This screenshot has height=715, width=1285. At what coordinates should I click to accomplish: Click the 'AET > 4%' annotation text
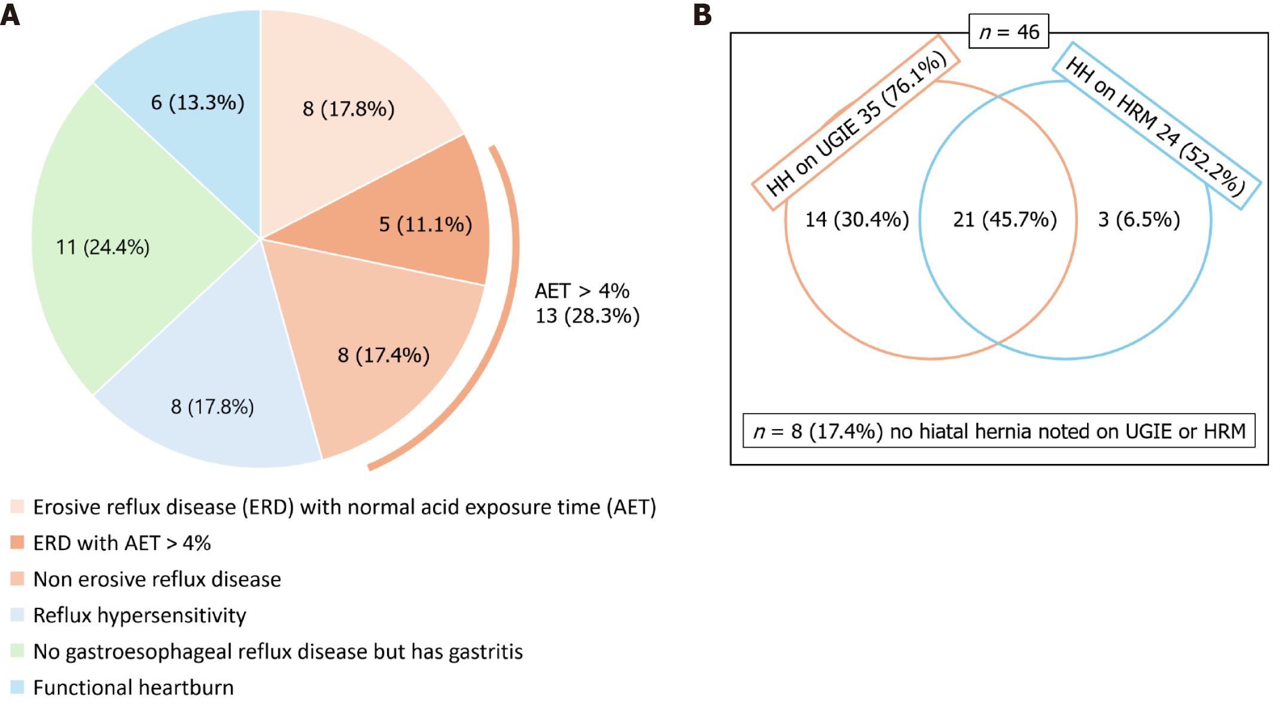[x=581, y=291]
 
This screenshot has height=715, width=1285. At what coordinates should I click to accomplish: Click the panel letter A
[x=10, y=14]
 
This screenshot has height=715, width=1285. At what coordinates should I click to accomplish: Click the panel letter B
[x=702, y=14]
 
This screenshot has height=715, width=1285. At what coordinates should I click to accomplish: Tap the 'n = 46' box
[x=1009, y=32]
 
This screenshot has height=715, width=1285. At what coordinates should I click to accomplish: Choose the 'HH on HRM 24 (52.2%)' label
[x=1156, y=126]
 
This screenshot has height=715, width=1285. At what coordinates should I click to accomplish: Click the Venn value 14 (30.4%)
[x=857, y=220]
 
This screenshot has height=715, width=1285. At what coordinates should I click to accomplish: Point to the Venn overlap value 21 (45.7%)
[x=1005, y=220]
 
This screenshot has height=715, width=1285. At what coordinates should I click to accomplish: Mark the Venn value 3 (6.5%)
[x=1139, y=220]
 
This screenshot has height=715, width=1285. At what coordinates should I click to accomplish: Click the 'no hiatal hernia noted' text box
[x=999, y=431]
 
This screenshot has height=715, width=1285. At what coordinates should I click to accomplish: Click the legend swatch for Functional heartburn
[x=17, y=687]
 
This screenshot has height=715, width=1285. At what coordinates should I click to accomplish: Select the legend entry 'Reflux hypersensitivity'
[x=139, y=615]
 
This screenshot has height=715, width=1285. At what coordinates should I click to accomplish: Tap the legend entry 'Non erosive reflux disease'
[x=157, y=579]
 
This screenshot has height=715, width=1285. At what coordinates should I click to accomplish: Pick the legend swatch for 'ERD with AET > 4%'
[x=17, y=543]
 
